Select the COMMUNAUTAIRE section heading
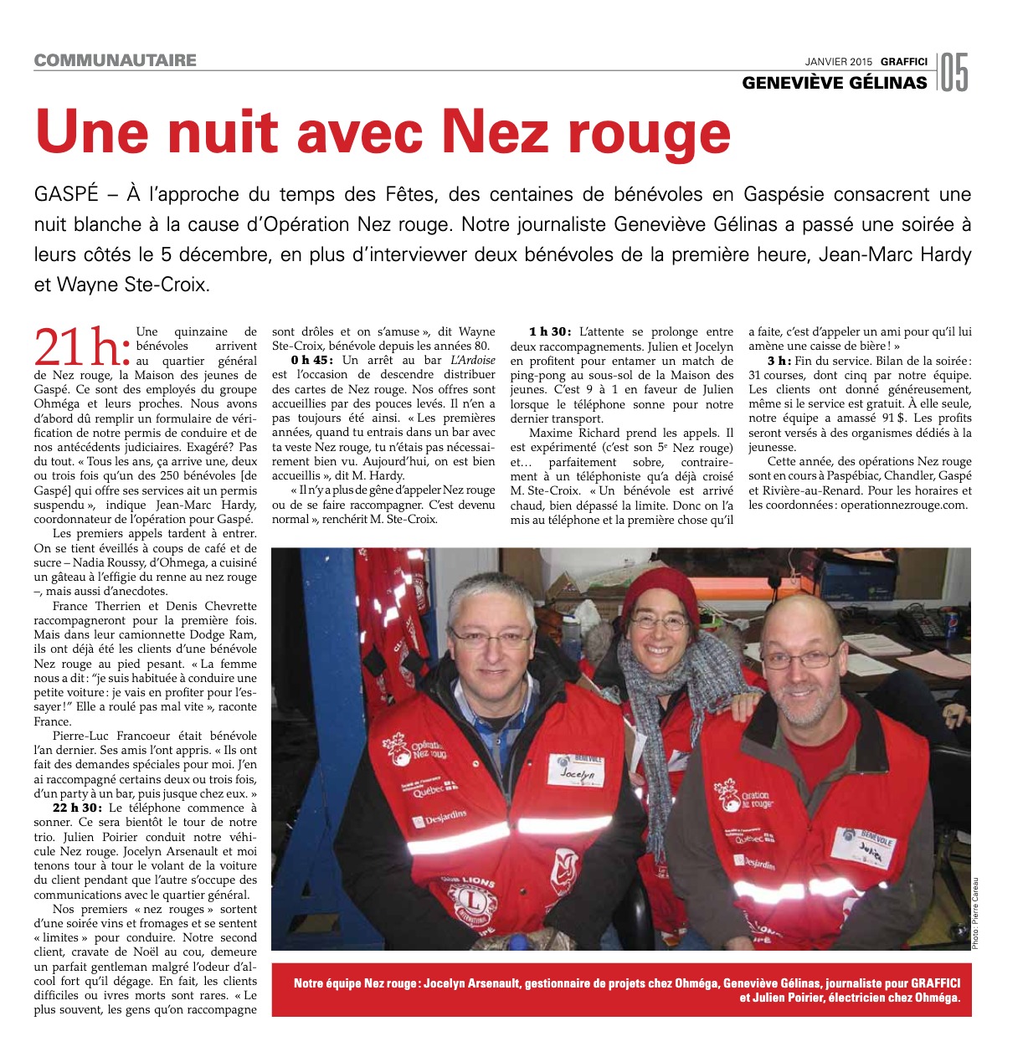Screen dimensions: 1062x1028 pyautogui.click(x=116, y=60)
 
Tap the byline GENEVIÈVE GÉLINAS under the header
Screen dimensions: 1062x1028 pyautogui.click(x=835, y=82)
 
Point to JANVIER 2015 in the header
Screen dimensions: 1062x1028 pyautogui.click(x=838, y=61)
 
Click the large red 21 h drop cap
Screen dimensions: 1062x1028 pyautogui.click(x=82, y=346)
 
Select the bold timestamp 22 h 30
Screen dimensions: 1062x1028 pyautogui.click(x=77, y=808)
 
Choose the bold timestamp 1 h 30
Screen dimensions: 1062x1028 pyautogui.click(x=549, y=332)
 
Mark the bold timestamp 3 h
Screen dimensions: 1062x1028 pyautogui.click(x=778, y=361)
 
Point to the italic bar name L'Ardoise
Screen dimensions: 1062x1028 pyautogui.click(x=473, y=360)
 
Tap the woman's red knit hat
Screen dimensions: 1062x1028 pyautogui.click(x=660, y=590)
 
